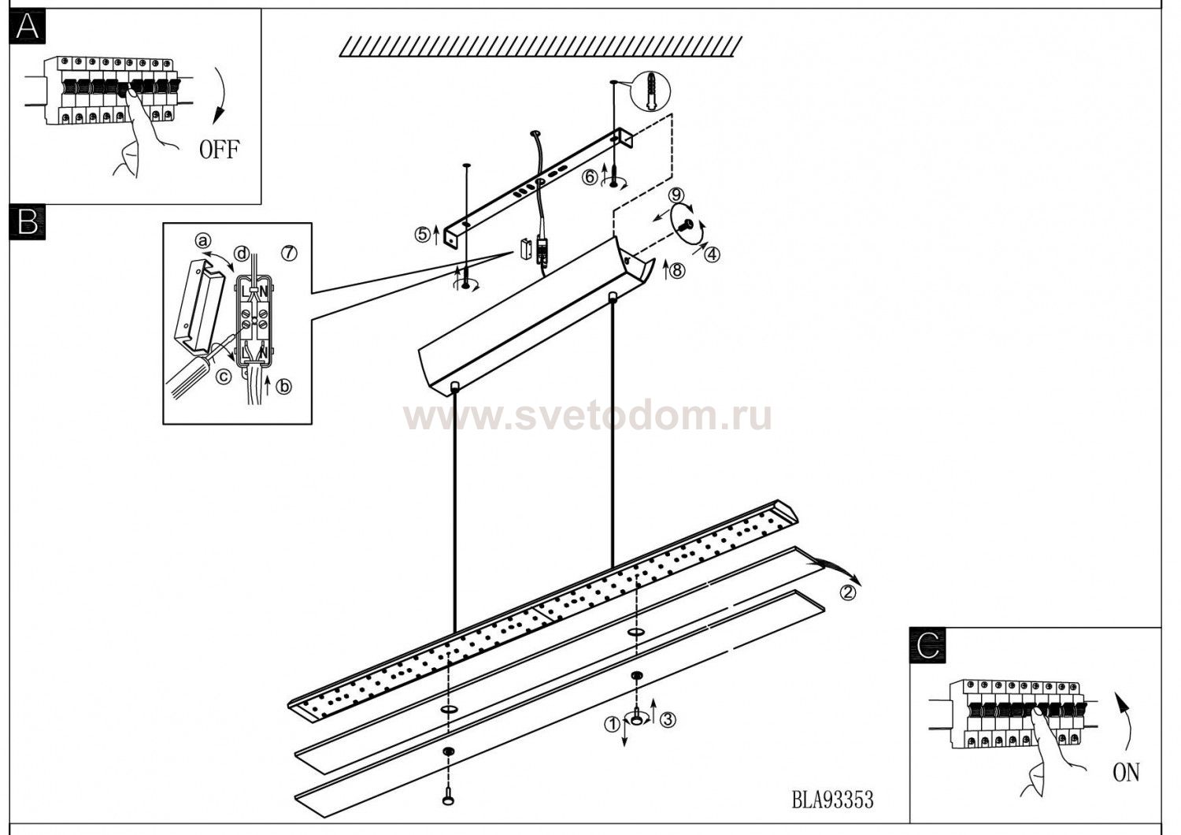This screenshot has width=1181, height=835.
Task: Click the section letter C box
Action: tap(927, 645)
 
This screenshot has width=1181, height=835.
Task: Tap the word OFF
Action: tap(218, 149)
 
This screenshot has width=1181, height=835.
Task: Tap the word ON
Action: tap(1126, 772)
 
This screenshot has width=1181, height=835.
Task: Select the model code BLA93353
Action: tap(832, 800)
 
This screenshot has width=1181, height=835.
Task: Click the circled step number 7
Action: tap(289, 253)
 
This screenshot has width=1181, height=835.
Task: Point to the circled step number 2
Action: tap(847, 593)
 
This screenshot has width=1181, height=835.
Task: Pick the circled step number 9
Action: tap(675, 195)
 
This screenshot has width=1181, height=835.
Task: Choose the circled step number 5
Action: tap(423, 234)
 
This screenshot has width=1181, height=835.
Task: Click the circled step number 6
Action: tap(589, 177)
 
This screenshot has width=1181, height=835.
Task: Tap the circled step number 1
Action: tap(611, 725)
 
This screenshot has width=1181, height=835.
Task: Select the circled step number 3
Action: tap(668, 718)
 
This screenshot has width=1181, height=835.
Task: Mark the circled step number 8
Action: tap(678, 270)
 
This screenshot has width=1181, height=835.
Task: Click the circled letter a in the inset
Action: tap(203, 240)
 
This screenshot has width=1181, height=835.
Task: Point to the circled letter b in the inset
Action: tap(284, 386)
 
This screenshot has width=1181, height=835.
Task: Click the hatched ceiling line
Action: tap(539, 46)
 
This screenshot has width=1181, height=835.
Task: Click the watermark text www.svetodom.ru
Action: tap(587, 416)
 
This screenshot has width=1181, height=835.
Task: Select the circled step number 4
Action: tap(711, 254)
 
